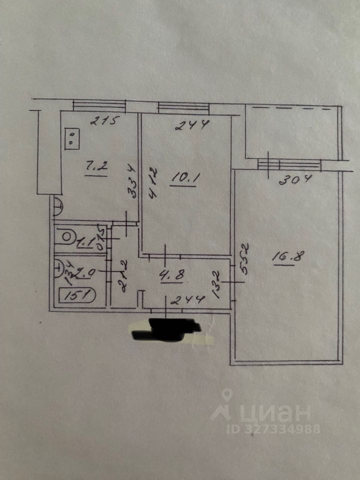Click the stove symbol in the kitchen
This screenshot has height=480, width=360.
(72, 138)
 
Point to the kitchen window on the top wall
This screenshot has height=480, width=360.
(98, 105)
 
